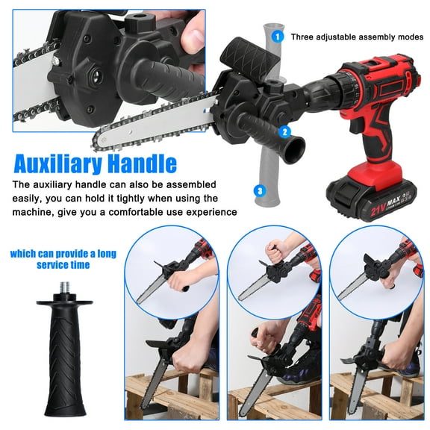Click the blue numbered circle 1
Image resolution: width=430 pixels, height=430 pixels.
277,35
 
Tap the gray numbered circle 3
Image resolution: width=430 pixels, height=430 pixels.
259,191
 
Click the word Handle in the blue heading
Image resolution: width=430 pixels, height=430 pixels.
146,163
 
